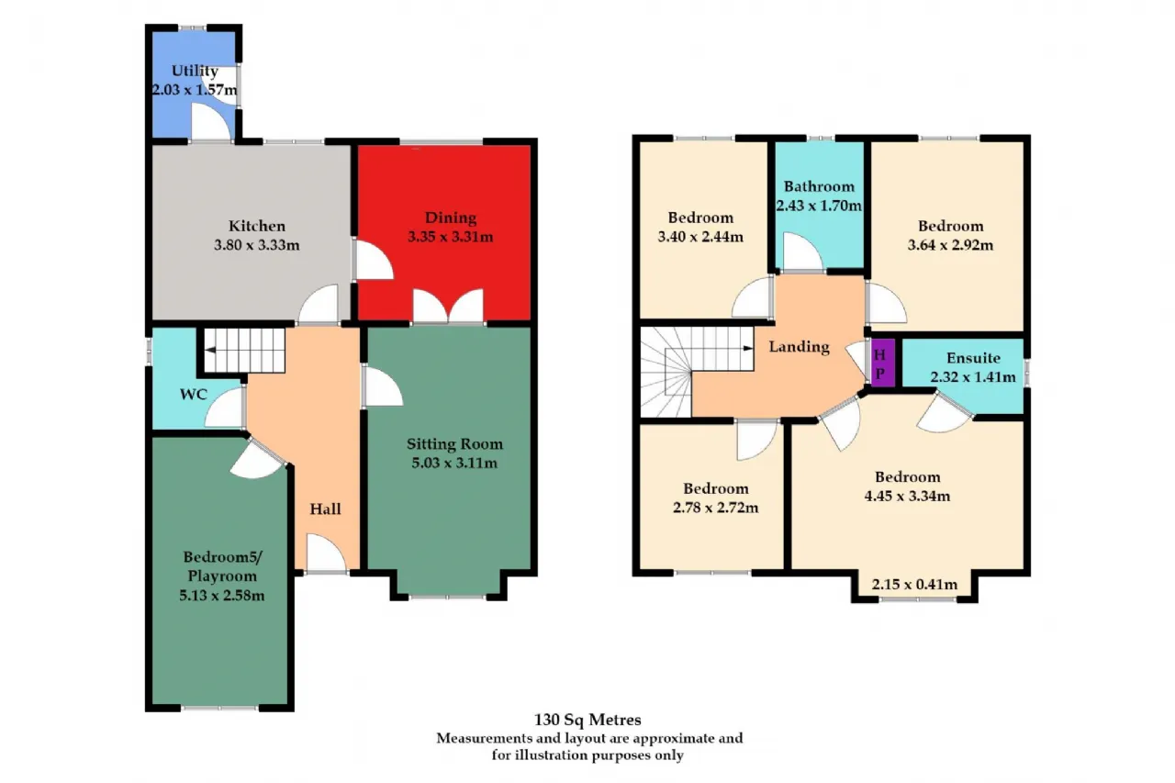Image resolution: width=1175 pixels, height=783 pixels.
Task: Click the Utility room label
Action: tap(195, 72)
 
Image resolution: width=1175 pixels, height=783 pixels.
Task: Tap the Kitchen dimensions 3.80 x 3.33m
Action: tap(256, 245)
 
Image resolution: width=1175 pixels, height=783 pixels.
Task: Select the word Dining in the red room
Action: tap(451, 218)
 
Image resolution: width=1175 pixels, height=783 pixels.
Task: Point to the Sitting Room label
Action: tap(454, 444)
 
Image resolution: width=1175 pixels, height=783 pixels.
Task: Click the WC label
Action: tap(194, 395)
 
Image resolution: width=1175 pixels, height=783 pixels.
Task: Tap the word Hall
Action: tap(325, 509)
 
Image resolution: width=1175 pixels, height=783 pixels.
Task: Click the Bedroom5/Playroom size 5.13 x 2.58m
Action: tap(222, 595)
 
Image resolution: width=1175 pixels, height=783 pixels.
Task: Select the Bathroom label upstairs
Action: tap(819, 186)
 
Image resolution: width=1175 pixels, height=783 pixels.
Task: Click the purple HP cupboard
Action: tap(883, 363)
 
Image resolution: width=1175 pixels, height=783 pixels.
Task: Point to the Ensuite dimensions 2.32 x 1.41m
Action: tap(973, 376)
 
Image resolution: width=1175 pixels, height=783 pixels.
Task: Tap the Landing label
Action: tap(799, 347)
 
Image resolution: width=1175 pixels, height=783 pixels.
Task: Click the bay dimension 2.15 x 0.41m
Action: tap(914, 584)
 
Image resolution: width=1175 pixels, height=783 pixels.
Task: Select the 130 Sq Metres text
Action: tap(587, 720)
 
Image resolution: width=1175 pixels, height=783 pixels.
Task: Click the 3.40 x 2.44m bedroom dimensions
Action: tap(700, 237)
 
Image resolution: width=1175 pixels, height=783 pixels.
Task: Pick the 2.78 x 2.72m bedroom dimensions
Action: tap(715, 507)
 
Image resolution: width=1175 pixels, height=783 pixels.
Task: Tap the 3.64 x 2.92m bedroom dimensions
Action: tap(950, 245)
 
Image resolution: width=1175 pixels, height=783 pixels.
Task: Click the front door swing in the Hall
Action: tap(326, 553)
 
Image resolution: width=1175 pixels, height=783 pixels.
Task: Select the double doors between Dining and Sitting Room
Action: tap(448, 307)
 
